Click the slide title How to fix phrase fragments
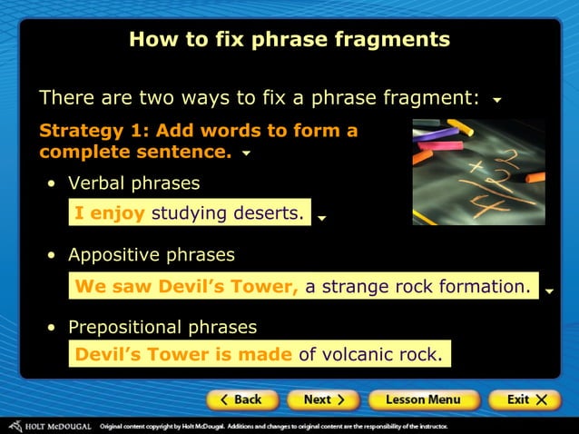[x=289, y=39]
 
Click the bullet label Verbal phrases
[x=133, y=183]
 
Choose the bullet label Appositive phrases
[x=151, y=255]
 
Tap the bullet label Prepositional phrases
[x=162, y=327]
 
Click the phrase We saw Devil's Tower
[x=187, y=287]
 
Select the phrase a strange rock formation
[x=417, y=287]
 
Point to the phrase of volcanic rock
[x=370, y=355]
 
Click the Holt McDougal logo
[x=50, y=425]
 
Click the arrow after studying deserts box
[x=322, y=218]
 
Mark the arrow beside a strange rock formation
[x=550, y=291]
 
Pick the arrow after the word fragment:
[x=496, y=100]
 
